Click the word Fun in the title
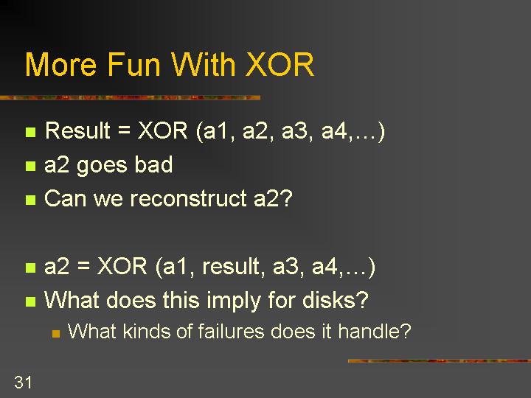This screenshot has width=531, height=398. (133, 64)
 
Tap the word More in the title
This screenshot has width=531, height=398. (60, 64)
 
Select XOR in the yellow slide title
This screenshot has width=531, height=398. (280, 64)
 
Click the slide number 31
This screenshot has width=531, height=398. (23, 382)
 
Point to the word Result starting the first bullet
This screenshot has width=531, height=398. (77, 130)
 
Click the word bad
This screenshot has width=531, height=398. (153, 164)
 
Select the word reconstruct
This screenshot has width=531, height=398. (188, 198)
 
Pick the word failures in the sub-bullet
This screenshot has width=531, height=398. (231, 331)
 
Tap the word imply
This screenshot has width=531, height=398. (233, 301)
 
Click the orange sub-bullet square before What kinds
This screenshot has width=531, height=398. (56, 334)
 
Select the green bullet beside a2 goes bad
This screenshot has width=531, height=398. (30, 166)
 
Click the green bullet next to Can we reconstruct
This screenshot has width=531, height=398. (30, 200)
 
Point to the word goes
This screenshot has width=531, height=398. (102, 166)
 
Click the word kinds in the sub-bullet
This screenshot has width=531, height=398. (146, 331)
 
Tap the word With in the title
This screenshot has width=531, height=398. (204, 64)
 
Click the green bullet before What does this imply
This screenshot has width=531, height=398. (30, 301)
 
